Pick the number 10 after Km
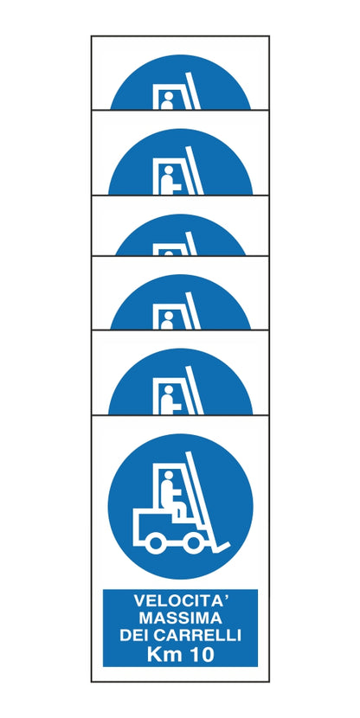(202, 655)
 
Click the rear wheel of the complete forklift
(157, 543)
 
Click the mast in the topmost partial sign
(193, 95)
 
